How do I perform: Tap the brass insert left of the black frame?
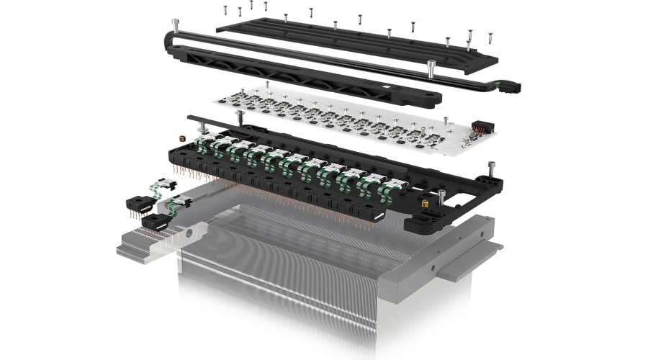[183, 137]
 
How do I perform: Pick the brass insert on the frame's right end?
[426, 204]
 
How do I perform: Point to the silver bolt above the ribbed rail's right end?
[430, 69]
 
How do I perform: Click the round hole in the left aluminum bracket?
[189, 233]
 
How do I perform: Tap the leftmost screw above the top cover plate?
[225, 10]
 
